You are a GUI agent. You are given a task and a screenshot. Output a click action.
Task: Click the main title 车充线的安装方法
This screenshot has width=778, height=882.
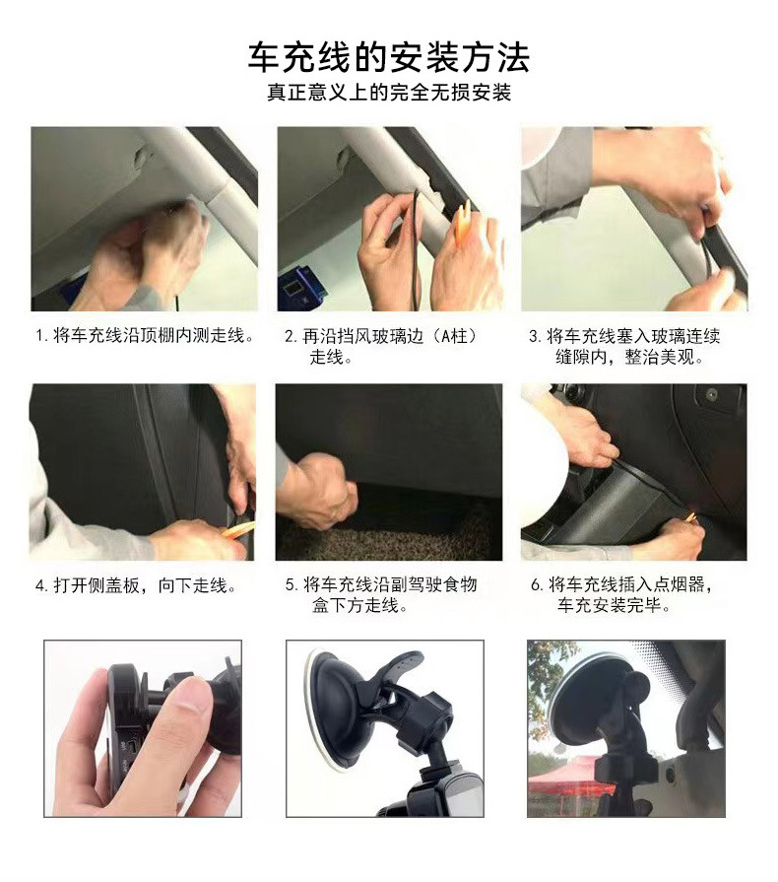tap(388, 56)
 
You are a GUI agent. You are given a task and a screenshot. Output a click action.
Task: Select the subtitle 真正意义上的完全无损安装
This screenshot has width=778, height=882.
tap(388, 94)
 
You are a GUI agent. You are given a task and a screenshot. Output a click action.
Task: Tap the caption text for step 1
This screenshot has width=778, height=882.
tap(145, 337)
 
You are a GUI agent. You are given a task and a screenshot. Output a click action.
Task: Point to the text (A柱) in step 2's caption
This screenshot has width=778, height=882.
tap(446, 337)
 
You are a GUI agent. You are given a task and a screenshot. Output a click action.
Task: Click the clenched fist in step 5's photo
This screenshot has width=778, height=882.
tap(317, 489)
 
